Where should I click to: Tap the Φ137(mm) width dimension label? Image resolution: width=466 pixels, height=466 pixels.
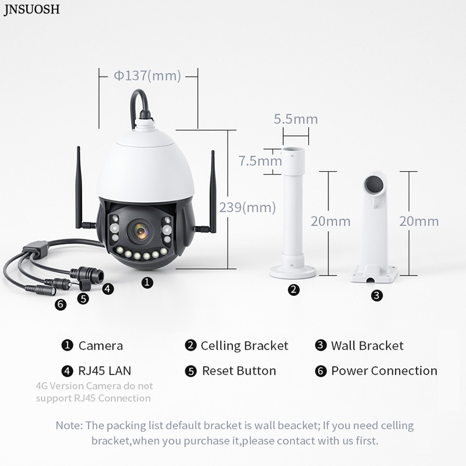click(x=147, y=75)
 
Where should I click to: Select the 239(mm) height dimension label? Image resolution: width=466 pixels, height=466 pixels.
click(x=247, y=207)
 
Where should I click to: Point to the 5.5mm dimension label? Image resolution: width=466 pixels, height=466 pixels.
click(x=296, y=119)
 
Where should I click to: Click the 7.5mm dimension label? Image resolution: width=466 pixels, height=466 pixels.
click(x=256, y=161)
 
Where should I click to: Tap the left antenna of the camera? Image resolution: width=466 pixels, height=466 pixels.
click(x=79, y=186)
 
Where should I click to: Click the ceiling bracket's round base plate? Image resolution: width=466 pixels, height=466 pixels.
click(x=294, y=270)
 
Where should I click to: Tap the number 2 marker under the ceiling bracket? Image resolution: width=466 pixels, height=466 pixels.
click(x=294, y=290)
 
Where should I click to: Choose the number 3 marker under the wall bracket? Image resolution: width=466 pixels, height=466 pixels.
click(x=377, y=295)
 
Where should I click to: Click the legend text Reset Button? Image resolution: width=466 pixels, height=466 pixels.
click(x=239, y=370)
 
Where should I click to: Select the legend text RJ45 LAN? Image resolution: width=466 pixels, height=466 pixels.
click(x=104, y=370)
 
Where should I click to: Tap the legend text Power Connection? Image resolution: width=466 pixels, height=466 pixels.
click(x=384, y=370)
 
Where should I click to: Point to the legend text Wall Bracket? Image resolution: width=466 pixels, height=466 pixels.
click(x=367, y=345)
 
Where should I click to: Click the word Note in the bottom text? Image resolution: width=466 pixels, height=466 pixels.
click(x=69, y=425)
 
